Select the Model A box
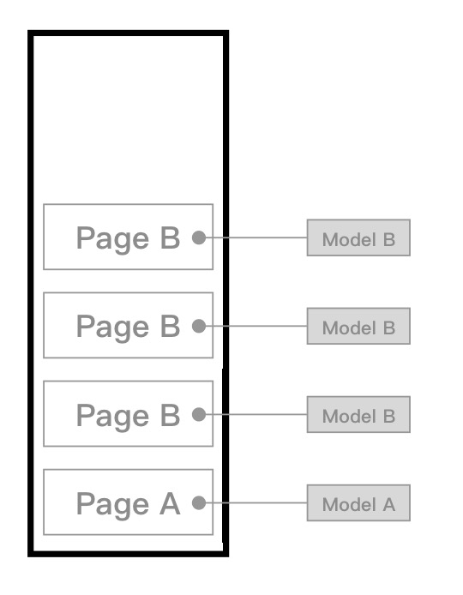358,502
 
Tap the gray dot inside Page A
199,502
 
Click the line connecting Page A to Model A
256,502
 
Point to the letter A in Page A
170,503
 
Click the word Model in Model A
349,504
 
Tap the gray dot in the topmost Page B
199,237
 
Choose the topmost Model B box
358,237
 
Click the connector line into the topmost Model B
256,237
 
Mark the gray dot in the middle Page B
199,326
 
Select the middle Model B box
358,326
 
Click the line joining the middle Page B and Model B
256,326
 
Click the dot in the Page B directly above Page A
199,414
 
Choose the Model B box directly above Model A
358,414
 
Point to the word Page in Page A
112,506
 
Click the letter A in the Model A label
389,504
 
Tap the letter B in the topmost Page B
170,238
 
